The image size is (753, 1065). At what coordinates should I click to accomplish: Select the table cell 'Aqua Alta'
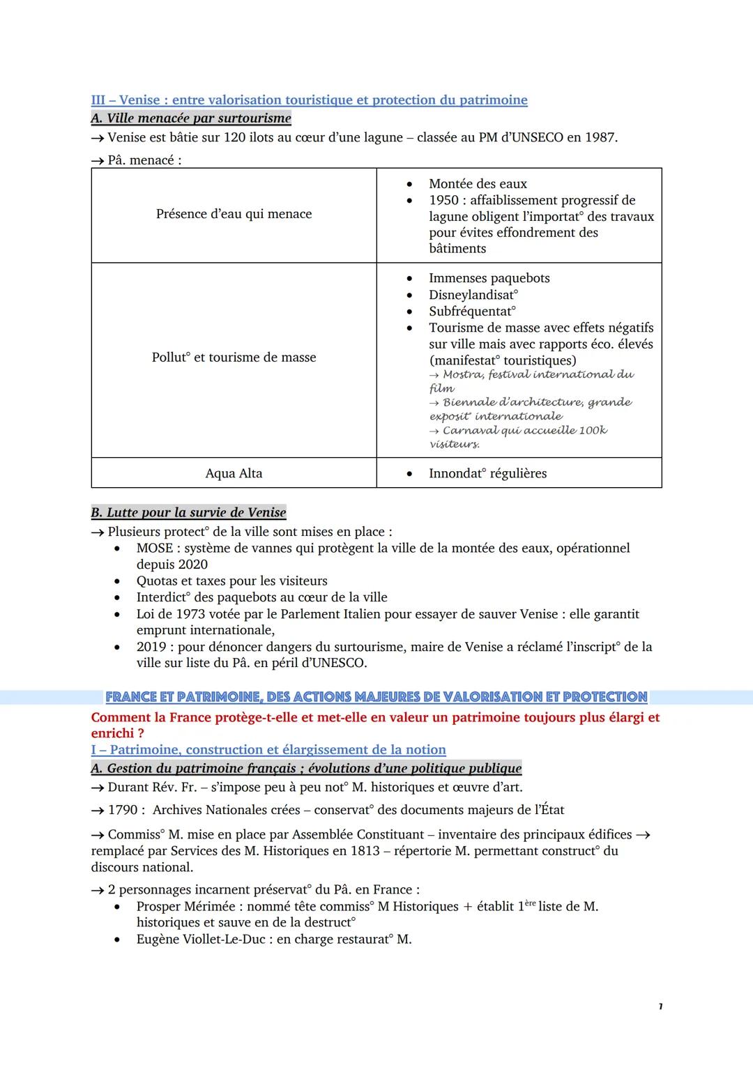(234, 473)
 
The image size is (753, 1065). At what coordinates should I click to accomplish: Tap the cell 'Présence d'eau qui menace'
(234, 214)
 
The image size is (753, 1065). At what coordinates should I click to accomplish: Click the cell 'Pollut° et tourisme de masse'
(234, 358)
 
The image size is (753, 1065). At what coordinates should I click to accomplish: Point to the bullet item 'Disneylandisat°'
(473, 295)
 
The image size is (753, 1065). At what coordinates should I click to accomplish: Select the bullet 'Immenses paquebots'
(489, 278)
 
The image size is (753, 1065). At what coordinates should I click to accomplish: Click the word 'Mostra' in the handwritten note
(462, 374)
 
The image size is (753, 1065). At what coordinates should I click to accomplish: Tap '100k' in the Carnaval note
(593, 430)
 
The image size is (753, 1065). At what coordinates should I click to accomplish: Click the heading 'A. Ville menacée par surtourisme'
(191, 118)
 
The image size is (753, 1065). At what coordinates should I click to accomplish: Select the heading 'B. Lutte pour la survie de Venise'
(188, 512)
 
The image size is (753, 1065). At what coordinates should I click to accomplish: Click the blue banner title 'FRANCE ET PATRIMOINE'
(376, 697)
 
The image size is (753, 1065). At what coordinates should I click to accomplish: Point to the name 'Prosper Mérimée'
(183, 907)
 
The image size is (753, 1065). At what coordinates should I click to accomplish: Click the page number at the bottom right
(660, 1006)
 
